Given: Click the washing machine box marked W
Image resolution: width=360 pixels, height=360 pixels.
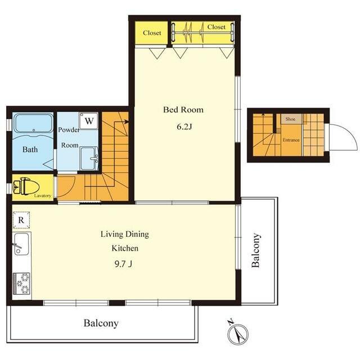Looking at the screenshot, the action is click(x=89, y=121).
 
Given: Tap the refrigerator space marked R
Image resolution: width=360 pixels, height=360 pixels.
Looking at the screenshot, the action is click(x=21, y=220).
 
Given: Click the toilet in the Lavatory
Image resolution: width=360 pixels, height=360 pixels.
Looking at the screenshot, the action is click(x=26, y=186).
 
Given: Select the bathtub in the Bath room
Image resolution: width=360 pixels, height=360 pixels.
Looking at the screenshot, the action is click(x=34, y=123).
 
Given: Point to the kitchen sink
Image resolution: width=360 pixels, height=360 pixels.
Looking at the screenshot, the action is click(x=21, y=244).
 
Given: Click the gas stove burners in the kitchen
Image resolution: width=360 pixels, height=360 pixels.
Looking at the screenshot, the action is click(x=21, y=283).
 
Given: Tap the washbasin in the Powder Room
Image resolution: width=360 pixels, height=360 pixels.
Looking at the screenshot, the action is click(x=89, y=158).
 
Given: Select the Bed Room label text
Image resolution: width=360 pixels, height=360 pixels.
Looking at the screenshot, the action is click(x=183, y=110).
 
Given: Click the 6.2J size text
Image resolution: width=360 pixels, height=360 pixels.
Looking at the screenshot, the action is click(x=184, y=127).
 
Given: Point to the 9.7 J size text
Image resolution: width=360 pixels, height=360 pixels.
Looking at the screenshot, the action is click(x=123, y=264).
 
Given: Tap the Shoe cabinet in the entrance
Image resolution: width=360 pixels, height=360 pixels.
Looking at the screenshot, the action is click(x=291, y=119).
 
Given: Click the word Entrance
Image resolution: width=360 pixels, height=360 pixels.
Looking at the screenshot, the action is click(x=291, y=140).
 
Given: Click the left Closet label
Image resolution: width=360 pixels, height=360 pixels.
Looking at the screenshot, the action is click(x=152, y=33).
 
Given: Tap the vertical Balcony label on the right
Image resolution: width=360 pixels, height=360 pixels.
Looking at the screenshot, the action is click(x=256, y=250).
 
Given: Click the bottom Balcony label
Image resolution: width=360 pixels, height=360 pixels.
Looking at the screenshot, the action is click(x=101, y=323).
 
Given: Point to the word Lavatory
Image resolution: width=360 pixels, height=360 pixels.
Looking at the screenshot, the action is click(x=43, y=196).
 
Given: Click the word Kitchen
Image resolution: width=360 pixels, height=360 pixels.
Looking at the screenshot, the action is click(x=125, y=248).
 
